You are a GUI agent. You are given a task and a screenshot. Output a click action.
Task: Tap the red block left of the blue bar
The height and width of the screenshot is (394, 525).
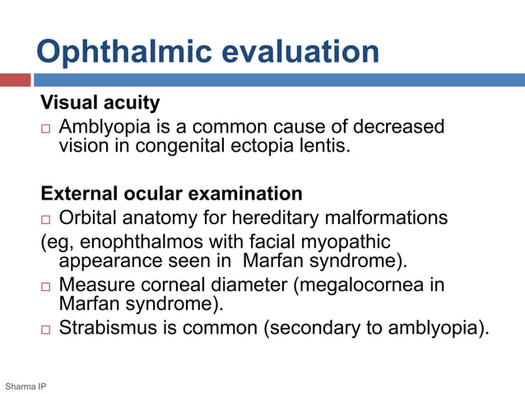[15, 80]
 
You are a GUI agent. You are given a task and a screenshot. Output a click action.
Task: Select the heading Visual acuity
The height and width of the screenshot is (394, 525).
[100, 103]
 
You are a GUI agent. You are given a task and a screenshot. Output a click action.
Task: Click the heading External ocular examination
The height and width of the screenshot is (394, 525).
[171, 194]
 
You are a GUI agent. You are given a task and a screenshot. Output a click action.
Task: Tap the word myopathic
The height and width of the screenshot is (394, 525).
[346, 242]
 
